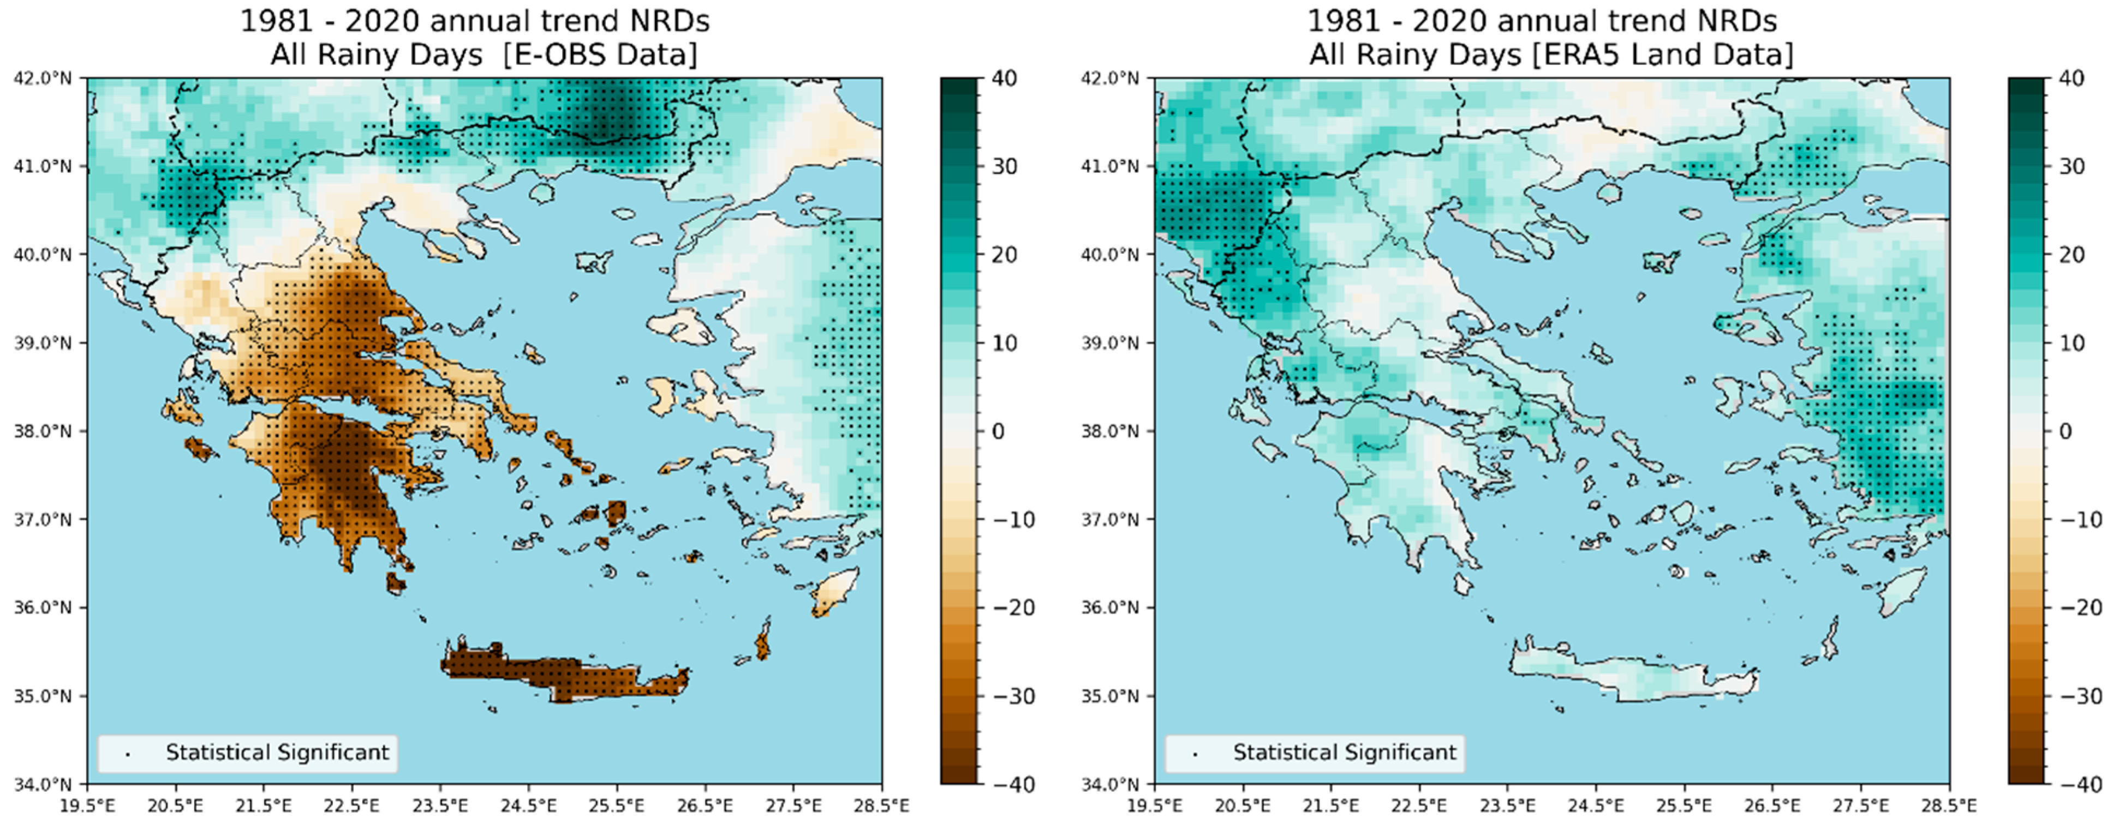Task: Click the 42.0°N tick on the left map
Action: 42,79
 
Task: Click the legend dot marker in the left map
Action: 127,754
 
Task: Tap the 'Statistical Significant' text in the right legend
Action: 1345,753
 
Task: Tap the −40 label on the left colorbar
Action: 1011,785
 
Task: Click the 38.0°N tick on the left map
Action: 42,431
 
